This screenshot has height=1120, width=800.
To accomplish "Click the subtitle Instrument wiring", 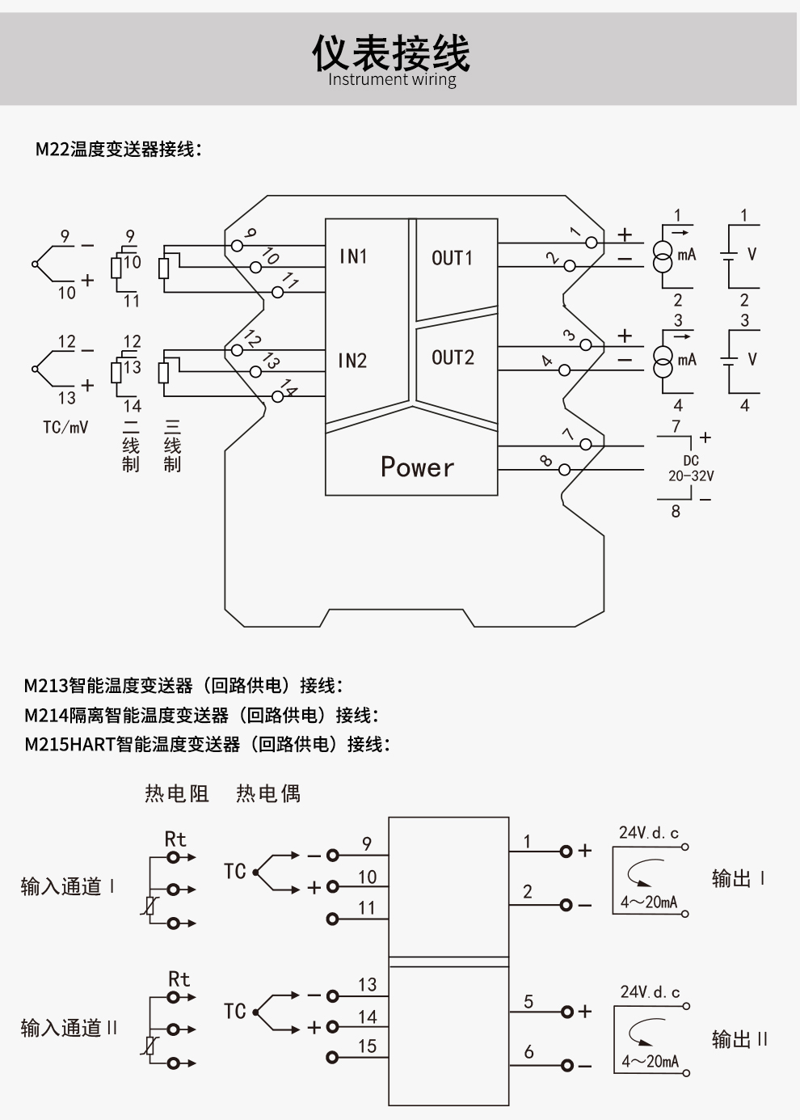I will pyautogui.click(x=392, y=79).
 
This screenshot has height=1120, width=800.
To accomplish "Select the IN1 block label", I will pyautogui.click(x=353, y=256).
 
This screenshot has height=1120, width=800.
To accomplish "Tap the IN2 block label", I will pyautogui.click(x=352, y=361).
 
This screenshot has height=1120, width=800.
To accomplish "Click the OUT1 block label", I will pyautogui.click(x=452, y=258).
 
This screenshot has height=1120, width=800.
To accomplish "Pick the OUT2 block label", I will pyautogui.click(x=453, y=357).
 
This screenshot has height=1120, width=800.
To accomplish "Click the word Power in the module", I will pyautogui.click(x=417, y=467).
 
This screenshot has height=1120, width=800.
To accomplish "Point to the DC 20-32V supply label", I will pyautogui.click(x=691, y=468).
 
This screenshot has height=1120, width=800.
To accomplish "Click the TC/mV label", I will pyautogui.click(x=65, y=427).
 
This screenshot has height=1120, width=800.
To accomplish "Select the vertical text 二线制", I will pyautogui.click(x=131, y=446).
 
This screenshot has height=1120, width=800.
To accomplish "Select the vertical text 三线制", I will pyautogui.click(x=172, y=446).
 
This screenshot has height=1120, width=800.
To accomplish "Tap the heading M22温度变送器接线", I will pyautogui.click(x=118, y=150).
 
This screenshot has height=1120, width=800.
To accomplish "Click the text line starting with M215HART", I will pyautogui.click(x=207, y=744).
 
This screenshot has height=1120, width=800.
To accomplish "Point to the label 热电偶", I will pyautogui.click(x=268, y=793).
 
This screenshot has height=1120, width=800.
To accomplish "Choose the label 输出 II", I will pyautogui.click(x=739, y=1039).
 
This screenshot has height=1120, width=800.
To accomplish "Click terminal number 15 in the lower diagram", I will pyautogui.click(x=367, y=1046).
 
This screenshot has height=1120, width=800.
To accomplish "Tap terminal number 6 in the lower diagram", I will pyautogui.click(x=528, y=1051).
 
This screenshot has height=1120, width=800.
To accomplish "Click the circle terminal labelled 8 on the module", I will pyautogui.click(x=564, y=470).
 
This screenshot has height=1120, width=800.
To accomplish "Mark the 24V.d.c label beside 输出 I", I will pyautogui.click(x=649, y=832).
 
